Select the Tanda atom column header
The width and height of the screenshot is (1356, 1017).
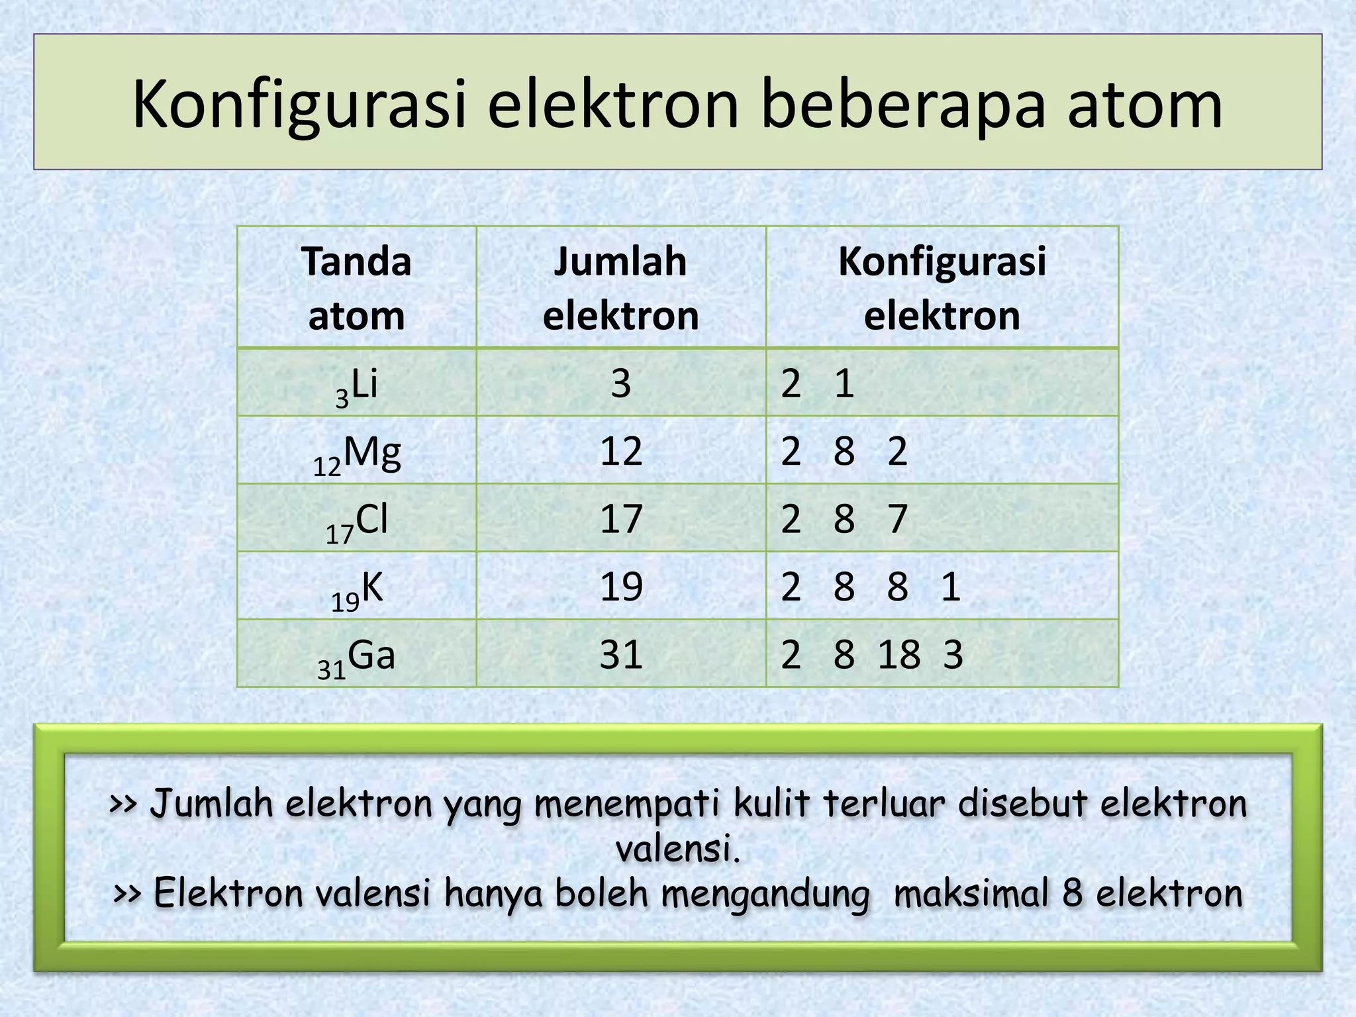pyautogui.click(x=356, y=287)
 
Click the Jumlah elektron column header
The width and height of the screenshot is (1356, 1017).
pyautogui.click(x=620, y=287)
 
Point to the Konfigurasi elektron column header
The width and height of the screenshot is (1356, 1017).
pyautogui.click(x=942, y=287)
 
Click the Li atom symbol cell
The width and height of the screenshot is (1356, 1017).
pyautogui.click(x=357, y=384)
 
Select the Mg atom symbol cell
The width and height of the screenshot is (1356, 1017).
pyautogui.click(x=357, y=452)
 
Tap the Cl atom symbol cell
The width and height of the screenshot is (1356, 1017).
pyautogui.click(x=357, y=520)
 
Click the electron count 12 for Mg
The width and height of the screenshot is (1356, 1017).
pyautogui.click(x=621, y=452)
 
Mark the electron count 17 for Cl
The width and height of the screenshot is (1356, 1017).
pyautogui.click(x=621, y=519)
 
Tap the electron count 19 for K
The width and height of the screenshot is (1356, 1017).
pyautogui.click(x=621, y=587)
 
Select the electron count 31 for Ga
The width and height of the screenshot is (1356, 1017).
pyautogui.click(x=621, y=655)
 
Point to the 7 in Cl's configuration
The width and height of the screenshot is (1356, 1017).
pyautogui.click(x=897, y=519)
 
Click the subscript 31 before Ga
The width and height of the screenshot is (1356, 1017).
pyautogui.click(x=332, y=670)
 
